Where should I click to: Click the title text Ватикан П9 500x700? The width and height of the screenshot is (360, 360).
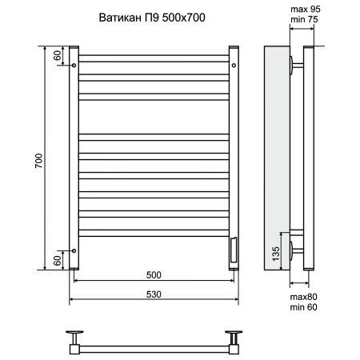(x=152, y=18)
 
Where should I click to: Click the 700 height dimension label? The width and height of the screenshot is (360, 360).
(x=38, y=161)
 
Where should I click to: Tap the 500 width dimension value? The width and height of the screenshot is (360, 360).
(x=154, y=275)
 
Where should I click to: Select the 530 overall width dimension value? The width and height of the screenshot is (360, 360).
(x=154, y=294)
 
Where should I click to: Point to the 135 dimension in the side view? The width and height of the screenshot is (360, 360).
(x=276, y=254)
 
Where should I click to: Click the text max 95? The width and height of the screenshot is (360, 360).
(x=306, y=9)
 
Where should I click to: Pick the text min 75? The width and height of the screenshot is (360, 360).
(x=304, y=19)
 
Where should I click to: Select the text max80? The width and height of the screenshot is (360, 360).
(x=303, y=297)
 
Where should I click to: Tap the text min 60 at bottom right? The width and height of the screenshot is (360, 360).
(x=303, y=307)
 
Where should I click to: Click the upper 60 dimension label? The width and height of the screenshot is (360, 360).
(x=58, y=55)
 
